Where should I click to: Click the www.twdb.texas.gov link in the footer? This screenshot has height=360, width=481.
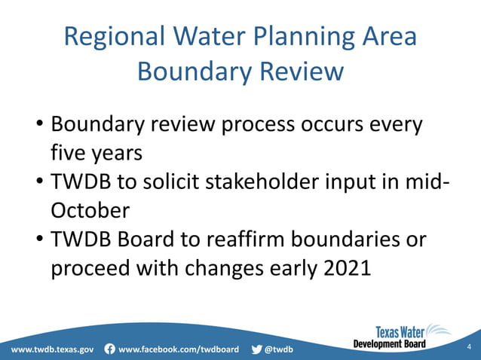(x=52, y=349)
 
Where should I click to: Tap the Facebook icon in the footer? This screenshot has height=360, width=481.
(x=110, y=349)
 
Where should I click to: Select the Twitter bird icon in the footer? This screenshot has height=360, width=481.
(x=257, y=349)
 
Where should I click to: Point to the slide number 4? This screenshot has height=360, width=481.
(x=468, y=346)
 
